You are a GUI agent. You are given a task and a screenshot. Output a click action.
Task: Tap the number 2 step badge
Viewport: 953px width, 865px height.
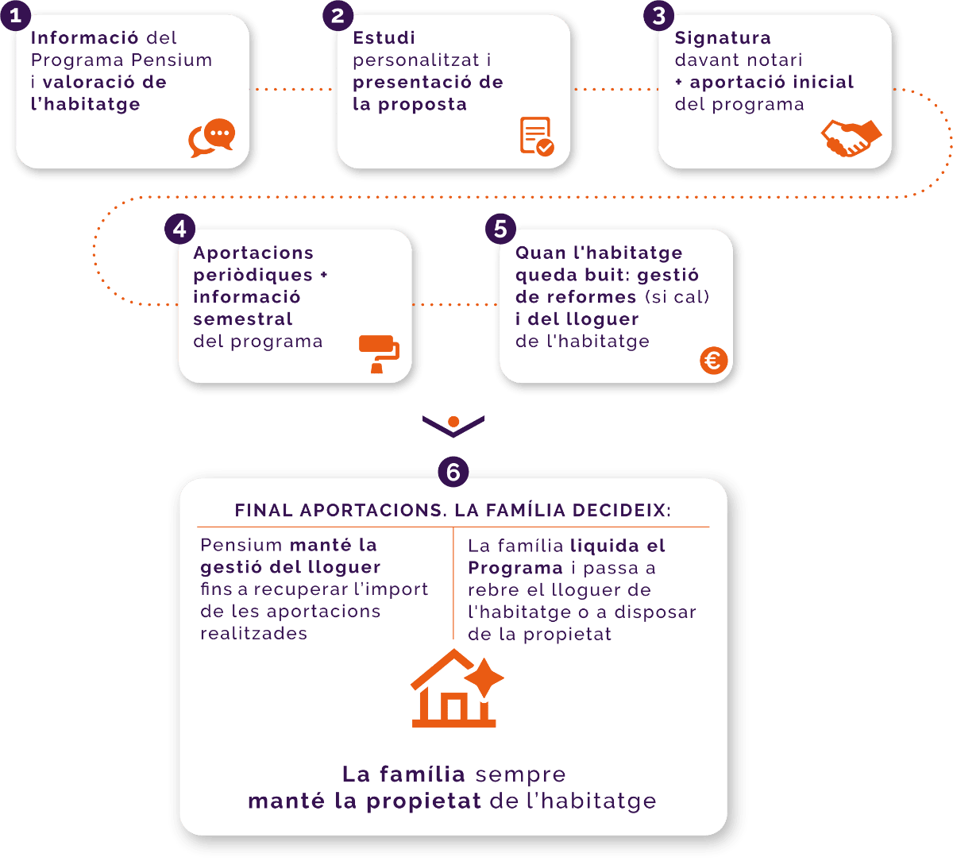pyautogui.click(x=338, y=15)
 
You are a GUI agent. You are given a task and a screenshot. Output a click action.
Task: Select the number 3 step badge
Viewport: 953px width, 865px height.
pyautogui.click(x=658, y=15)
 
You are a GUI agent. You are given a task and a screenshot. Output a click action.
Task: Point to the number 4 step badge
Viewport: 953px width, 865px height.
pyautogui.click(x=179, y=230)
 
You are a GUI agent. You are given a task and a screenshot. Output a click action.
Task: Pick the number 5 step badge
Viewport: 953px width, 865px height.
pyautogui.click(x=500, y=230)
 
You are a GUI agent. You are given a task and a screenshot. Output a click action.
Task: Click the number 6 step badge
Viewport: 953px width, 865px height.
pyautogui.click(x=453, y=473)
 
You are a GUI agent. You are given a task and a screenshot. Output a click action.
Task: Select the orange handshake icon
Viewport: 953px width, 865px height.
pyautogui.click(x=851, y=137)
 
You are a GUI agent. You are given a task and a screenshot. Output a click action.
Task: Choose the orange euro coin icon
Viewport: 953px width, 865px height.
pyautogui.click(x=713, y=361)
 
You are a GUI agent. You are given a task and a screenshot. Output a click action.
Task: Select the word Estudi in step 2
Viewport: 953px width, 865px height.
pyautogui.click(x=384, y=38)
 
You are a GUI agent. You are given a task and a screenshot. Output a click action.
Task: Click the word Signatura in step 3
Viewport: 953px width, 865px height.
pyautogui.click(x=723, y=38)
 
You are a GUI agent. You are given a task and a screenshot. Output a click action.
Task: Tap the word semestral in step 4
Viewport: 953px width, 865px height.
pyautogui.click(x=243, y=319)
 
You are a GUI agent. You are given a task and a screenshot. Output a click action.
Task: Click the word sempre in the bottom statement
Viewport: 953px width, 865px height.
pyautogui.click(x=521, y=774)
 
